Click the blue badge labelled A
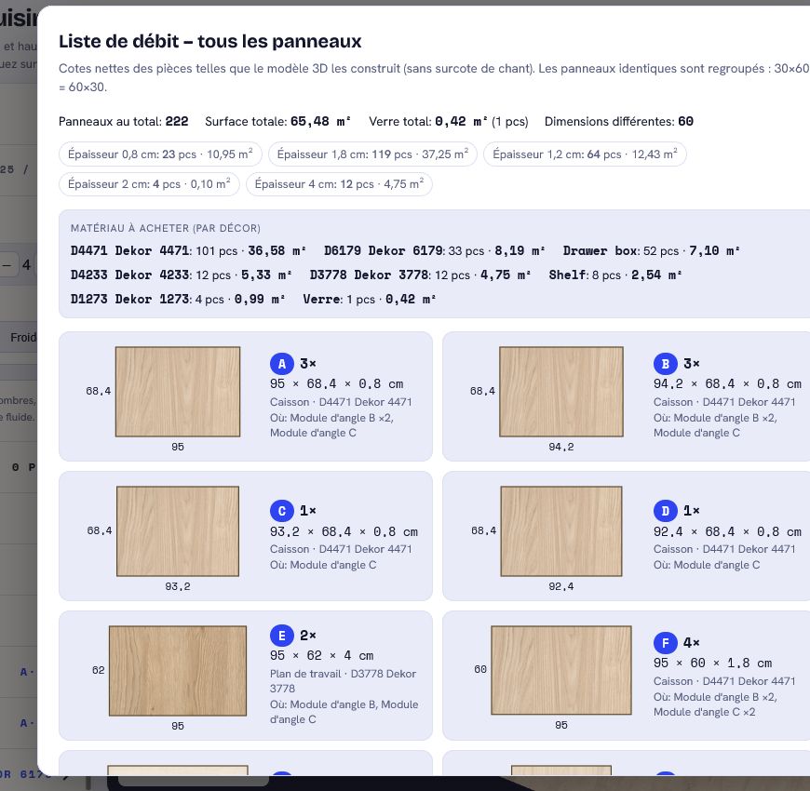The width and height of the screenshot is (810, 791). pyautogui.click(x=281, y=364)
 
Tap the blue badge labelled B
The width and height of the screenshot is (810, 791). pyautogui.click(x=666, y=364)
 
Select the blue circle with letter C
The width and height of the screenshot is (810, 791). pyautogui.click(x=281, y=511)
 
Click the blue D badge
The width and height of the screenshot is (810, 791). pyautogui.click(x=666, y=511)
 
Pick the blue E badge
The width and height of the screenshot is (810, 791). pyautogui.click(x=281, y=636)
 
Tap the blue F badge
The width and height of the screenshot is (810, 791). pyautogui.click(x=666, y=643)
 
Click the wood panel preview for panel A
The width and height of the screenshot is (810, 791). pyautogui.click(x=178, y=392)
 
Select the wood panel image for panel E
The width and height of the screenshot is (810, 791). pyautogui.click(x=178, y=671)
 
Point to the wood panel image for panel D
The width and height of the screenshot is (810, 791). pyautogui.click(x=561, y=531)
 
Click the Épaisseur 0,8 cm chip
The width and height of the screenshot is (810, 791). pyautogui.click(x=160, y=154)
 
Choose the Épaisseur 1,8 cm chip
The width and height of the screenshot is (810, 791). pyautogui.click(x=372, y=154)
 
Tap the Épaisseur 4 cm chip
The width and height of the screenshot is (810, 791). pyautogui.click(x=339, y=184)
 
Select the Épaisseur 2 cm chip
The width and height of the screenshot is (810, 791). pyautogui.click(x=149, y=184)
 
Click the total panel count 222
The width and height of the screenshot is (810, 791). pyautogui.click(x=177, y=121)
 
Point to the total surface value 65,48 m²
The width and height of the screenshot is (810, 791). pyautogui.click(x=320, y=121)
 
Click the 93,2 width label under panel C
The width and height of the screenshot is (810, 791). pyautogui.click(x=178, y=586)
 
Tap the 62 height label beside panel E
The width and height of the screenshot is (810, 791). pyautogui.click(x=98, y=670)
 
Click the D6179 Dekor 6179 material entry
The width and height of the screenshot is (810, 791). pyautogui.click(x=384, y=251)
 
